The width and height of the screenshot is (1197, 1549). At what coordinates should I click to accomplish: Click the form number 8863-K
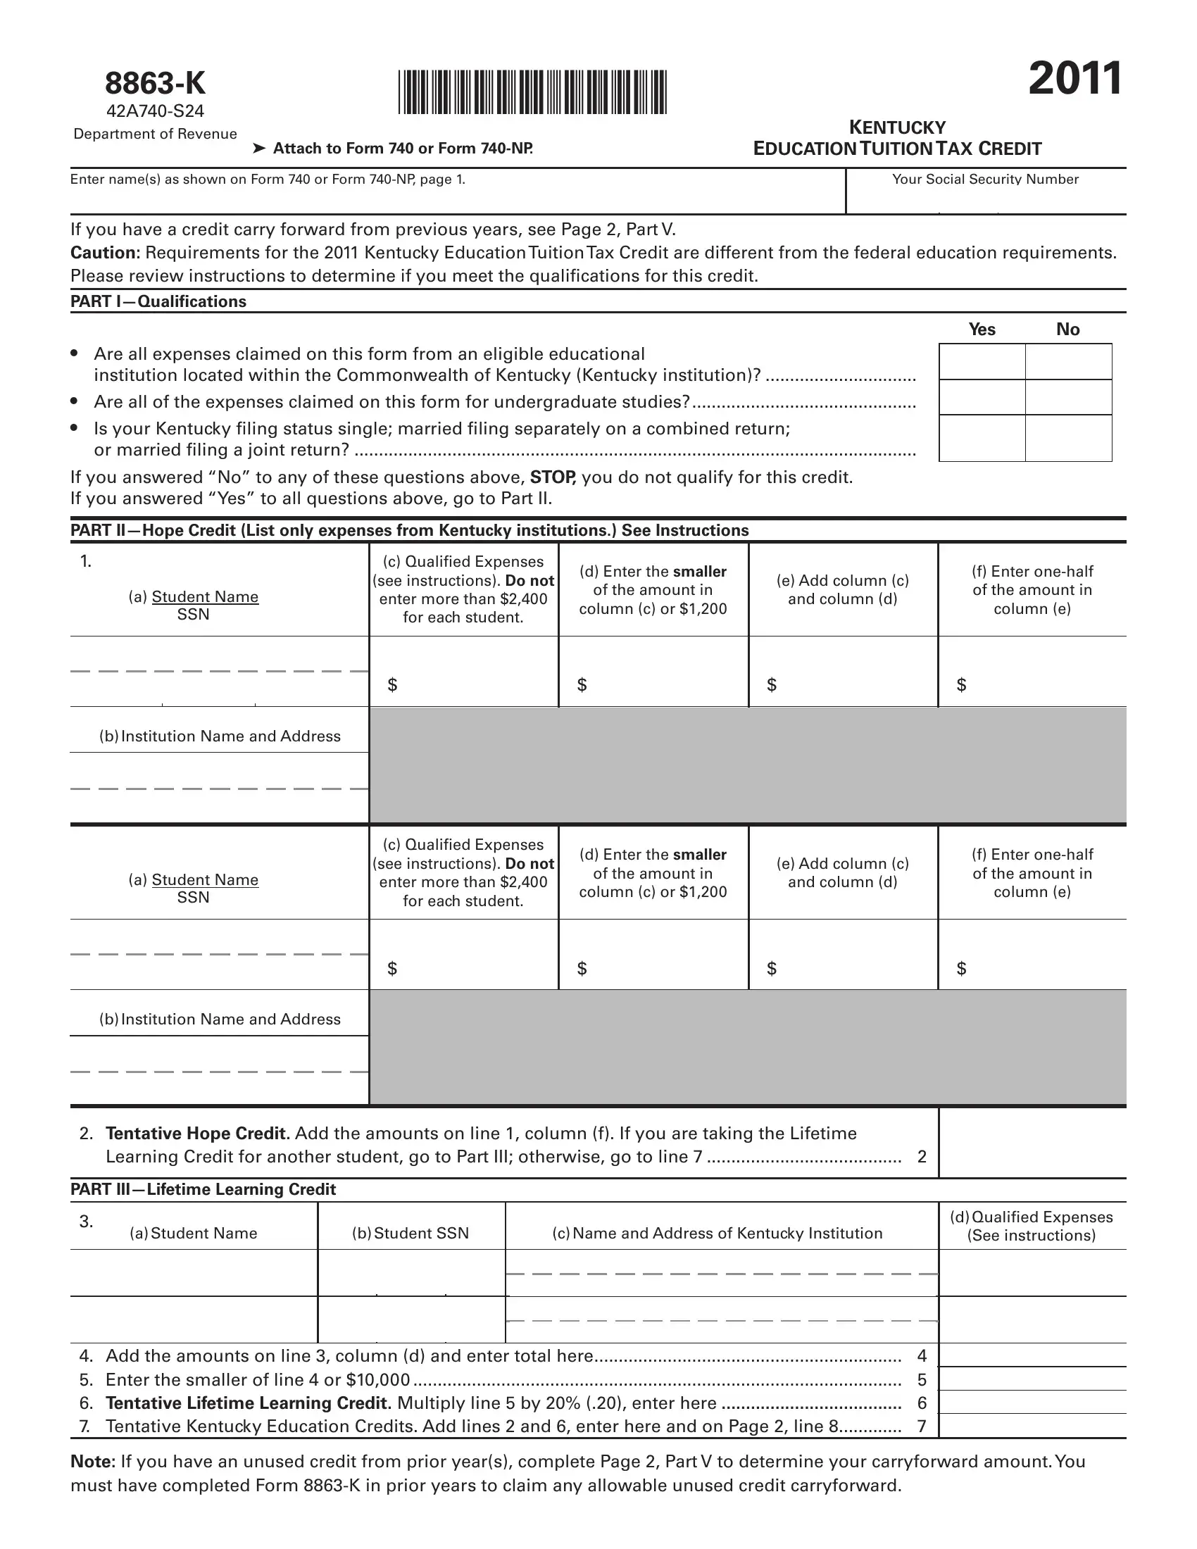[x=156, y=84]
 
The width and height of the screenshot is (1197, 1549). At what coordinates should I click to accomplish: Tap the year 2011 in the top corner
[x=1075, y=79]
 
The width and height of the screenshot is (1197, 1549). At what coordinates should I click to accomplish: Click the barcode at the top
[x=532, y=92]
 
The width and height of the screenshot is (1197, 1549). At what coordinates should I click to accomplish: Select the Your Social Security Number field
[x=986, y=199]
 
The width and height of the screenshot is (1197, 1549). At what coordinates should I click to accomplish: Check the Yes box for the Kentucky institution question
[x=982, y=362]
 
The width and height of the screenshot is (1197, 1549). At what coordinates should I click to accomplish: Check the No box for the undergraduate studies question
[x=1069, y=397]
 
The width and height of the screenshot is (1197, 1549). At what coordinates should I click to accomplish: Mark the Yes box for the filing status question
[x=982, y=438]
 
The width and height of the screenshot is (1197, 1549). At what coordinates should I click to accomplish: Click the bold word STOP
[x=553, y=477]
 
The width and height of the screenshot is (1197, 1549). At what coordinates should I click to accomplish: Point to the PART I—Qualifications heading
[x=158, y=301]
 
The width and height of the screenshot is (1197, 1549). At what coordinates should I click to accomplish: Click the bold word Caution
[x=105, y=253]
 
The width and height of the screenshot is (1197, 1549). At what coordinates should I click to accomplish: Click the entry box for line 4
[x=1032, y=1355]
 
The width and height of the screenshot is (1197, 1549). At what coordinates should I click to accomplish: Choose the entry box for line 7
[x=1032, y=1426]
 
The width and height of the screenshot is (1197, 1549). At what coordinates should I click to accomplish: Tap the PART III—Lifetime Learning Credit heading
[x=203, y=1189]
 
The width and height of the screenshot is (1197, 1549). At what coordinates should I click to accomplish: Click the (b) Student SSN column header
[x=411, y=1234]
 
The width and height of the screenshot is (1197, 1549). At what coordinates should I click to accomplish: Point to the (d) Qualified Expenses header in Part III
[x=1032, y=1227]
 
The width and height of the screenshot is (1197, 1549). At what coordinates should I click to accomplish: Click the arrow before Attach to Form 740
[x=260, y=149]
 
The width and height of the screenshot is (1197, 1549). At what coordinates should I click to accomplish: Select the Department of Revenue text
[x=156, y=134]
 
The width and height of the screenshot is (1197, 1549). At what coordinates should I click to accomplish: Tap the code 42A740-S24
[x=156, y=111]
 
